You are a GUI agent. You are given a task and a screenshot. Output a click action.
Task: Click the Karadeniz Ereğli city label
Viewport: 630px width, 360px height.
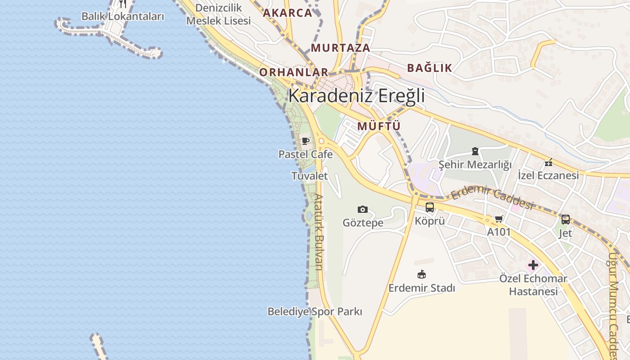tap(356, 96)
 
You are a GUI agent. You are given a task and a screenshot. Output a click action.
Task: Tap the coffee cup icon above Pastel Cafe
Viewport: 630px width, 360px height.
tap(306, 141)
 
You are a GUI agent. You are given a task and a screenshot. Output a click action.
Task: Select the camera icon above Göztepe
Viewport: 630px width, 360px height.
tap(363, 209)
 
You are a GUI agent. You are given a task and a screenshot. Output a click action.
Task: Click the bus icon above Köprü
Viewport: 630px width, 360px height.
tap(430, 207)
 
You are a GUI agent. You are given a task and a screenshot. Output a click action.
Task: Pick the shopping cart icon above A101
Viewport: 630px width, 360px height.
tap(499, 219)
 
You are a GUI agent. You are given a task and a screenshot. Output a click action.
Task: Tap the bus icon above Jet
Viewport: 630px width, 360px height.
tap(566, 220)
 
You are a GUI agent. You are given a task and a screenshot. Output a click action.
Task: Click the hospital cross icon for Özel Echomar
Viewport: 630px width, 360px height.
tap(533, 265)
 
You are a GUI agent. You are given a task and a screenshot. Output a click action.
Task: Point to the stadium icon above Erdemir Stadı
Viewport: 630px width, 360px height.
tap(422, 274)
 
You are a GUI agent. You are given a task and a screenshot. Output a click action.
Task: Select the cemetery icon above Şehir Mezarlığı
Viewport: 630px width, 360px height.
tap(475, 151)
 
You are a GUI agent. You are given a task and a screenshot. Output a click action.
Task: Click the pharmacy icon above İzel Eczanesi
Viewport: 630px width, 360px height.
tap(548, 162)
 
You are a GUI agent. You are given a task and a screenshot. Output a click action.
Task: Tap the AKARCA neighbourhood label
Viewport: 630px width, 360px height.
tap(288, 13)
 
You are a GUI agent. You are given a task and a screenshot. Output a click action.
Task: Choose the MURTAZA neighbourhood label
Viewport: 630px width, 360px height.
tap(341, 48)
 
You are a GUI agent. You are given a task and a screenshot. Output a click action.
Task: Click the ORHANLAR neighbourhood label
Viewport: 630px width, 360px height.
tap(294, 72)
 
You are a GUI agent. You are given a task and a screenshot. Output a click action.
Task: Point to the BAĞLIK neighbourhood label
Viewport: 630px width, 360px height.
tap(429, 68)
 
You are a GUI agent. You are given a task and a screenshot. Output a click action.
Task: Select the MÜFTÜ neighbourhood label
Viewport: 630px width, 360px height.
tap(379, 126)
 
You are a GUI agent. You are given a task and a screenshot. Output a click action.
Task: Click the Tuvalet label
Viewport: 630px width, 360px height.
tap(310, 175)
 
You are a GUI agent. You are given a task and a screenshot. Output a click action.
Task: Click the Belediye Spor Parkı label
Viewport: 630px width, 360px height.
tap(315, 311)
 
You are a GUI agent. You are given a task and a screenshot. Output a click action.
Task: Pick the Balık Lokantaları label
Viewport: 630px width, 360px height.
tap(122, 16)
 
